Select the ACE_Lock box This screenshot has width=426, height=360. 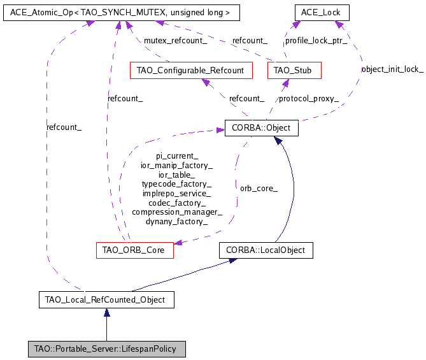tap(322, 12)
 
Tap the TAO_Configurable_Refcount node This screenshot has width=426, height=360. tap(190, 70)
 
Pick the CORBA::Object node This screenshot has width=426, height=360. tap(261, 127)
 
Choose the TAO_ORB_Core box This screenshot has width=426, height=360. tap(134, 250)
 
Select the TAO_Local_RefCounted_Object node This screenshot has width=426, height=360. tap(106, 299)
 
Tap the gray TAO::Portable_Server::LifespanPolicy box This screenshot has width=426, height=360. tap(106, 349)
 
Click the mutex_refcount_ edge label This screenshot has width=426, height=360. tap(175, 41)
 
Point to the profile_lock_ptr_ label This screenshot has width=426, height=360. tap(316, 41)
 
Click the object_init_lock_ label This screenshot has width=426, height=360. tap(392, 69)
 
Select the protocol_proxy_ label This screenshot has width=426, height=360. tap(309, 99)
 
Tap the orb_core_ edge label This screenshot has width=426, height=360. tap(259, 189)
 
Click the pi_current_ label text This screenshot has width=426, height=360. tap(177, 155)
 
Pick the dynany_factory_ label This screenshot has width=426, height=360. tap(176, 222)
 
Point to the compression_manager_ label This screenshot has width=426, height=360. tap(176, 212)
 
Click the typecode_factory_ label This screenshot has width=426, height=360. tap(176, 184)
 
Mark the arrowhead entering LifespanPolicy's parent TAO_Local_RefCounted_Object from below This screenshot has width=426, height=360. tap(106, 312)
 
